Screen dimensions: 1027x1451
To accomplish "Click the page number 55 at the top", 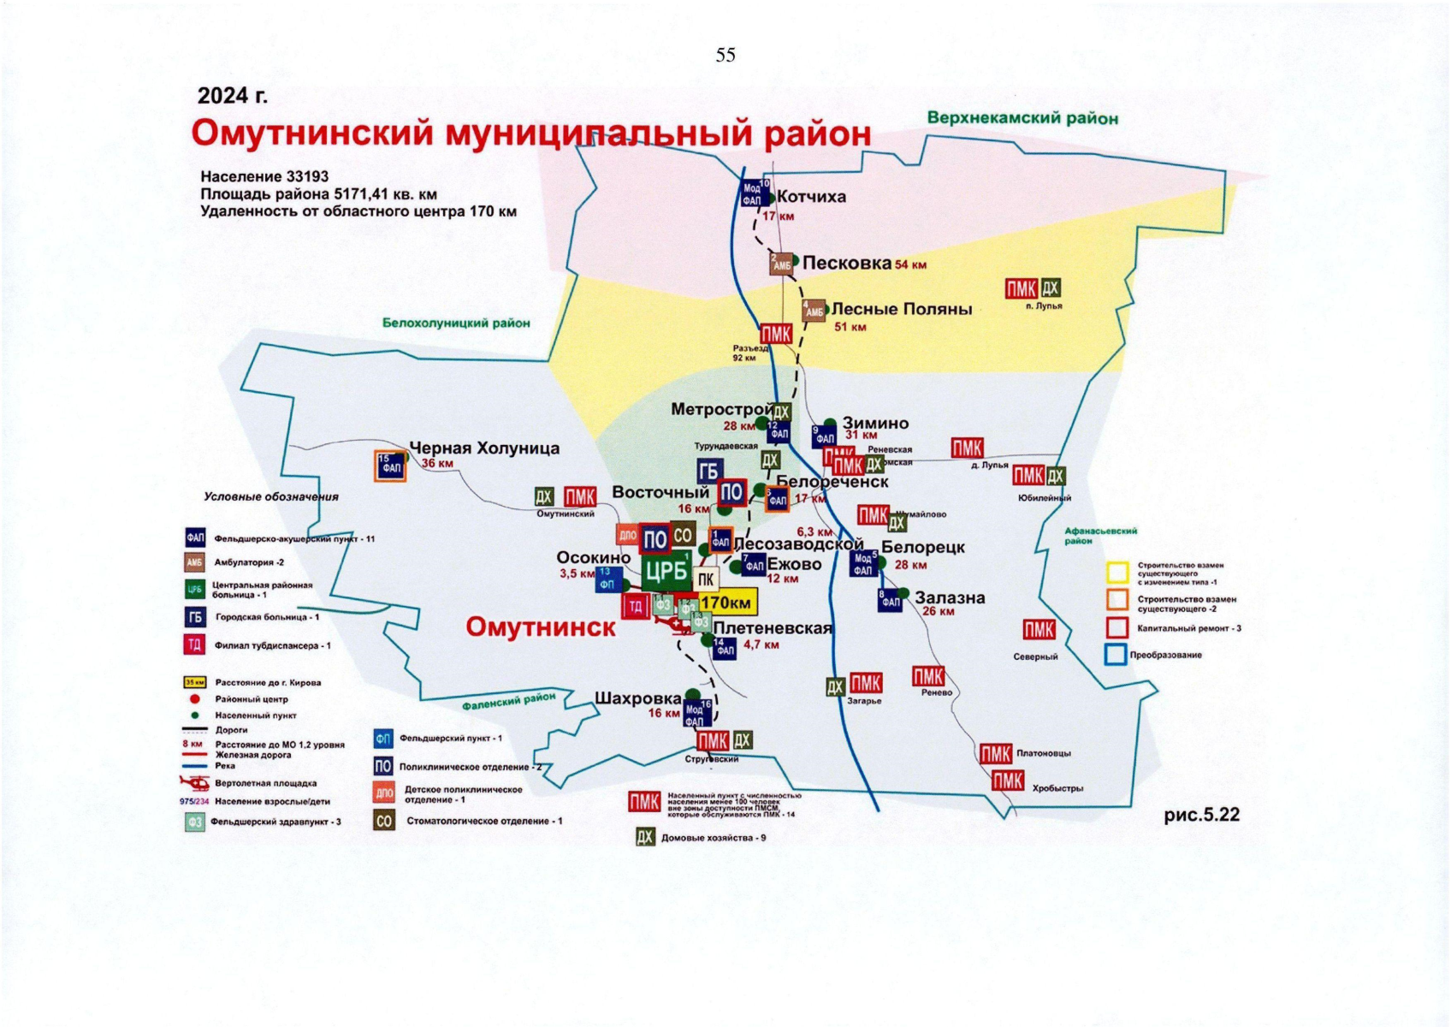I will pyautogui.click(x=725, y=55).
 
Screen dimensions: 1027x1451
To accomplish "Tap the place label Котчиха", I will pyautogui.click(x=811, y=197).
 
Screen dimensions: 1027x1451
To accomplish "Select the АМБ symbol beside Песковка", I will pyautogui.click(x=782, y=264).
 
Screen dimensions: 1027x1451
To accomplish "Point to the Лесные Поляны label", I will pyautogui.click(x=902, y=309).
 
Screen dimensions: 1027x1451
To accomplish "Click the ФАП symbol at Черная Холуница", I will pyautogui.click(x=391, y=466).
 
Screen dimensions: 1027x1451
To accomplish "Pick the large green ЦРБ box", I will pyautogui.click(x=666, y=571).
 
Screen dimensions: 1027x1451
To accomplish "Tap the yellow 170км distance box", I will pyautogui.click(x=725, y=603).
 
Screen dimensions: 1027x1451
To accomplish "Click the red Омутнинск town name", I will pyautogui.click(x=540, y=627).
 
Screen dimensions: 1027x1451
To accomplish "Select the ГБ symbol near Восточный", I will pyautogui.click(x=709, y=472).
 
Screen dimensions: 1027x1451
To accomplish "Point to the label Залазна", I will pyautogui.click(x=950, y=598).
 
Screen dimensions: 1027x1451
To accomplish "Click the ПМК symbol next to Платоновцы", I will pyautogui.click(x=996, y=754).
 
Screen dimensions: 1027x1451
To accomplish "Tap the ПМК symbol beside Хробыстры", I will pyautogui.click(x=1008, y=781).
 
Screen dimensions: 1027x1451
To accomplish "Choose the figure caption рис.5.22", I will pyautogui.click(x=1201, y=815).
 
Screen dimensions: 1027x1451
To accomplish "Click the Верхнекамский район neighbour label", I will pyautogui.click(x=1022, y=118).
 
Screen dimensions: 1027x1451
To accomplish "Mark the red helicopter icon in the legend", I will pyautogui.click(x=195, y=782).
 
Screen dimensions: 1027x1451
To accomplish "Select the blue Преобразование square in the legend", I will pyautogui.click(x=1115, y=655).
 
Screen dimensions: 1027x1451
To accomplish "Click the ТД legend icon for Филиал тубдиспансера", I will pyautogui.click(x=195, y=645).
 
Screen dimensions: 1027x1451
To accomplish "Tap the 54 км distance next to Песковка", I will pyautogui.click(x=910, y=265).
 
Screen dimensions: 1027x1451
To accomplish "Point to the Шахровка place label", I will pyautogui.click(x=637, y=698).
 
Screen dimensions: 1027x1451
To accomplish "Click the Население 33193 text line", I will pyautogui.click(x=264, y=177).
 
